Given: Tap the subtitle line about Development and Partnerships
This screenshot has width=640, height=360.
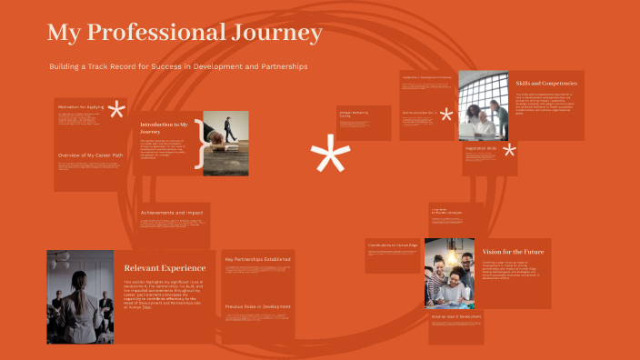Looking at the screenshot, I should point(178,67).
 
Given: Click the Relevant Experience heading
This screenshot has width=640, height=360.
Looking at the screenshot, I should point(165,268).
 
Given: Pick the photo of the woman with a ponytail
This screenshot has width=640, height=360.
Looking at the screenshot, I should point(80,297).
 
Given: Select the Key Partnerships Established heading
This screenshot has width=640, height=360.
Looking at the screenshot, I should point(258,259).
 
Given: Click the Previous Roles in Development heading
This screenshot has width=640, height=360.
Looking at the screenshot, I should point(258,307).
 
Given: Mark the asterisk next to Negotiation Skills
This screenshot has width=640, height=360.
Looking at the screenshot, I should point(509,151).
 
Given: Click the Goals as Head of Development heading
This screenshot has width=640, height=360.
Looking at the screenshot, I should point(481,316).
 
